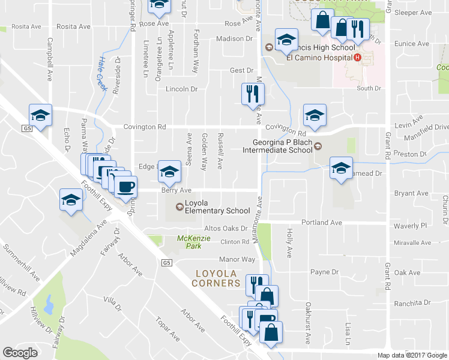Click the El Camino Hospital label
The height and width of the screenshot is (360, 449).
coord(319,58)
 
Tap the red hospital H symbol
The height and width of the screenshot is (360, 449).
coord(358,58)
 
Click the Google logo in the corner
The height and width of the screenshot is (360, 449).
coord(20,353)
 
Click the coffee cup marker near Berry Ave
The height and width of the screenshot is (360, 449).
coord(125,187)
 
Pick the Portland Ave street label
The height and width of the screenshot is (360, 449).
coord(321,223)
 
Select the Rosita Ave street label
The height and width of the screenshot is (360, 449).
coord(25,27)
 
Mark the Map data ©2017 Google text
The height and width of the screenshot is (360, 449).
coord(412,355)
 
